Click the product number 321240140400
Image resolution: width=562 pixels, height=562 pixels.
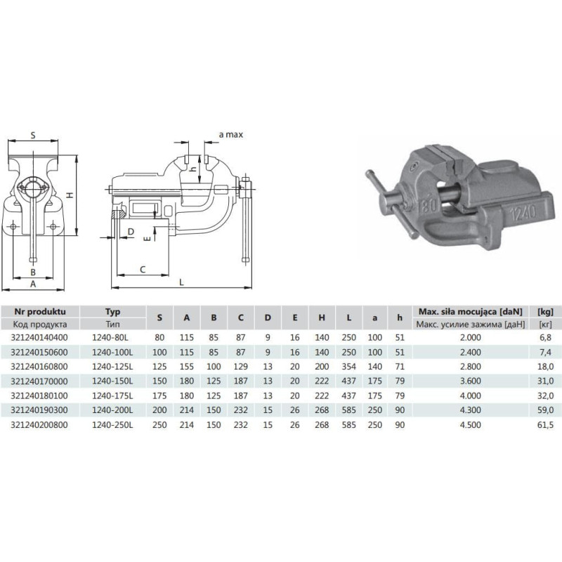pyautogui.click(x=39, y=338)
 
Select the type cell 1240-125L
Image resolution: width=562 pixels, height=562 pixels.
pyautogui.click(x=112, y=367)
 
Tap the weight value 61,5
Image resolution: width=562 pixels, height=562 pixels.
pyautogui.click(x=545, y=425)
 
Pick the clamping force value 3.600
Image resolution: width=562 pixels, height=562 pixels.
pyautogui.click(x=470, y=381)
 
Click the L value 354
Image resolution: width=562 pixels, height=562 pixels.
pyautogui.click(x=348, y=367)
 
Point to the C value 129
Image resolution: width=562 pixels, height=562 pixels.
pyautogui.click(x=240, y=367)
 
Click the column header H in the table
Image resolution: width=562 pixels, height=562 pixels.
pyautogui.click(x=322, y=318)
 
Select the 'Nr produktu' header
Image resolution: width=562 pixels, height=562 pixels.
pyautogui.click(x=40, y=311)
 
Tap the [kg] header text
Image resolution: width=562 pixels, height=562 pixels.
pyautogui.click(x=546, y=311)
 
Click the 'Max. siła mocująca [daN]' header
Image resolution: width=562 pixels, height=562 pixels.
pyautogui.click(x=471, y=311)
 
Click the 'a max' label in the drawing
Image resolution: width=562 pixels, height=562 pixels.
pyautogui.click(x=231, y=135)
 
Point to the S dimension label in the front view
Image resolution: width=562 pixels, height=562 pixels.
pyautogui.click(x=33, y=135)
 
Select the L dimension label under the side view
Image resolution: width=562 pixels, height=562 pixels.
pyautogui.click(x=181, y=282)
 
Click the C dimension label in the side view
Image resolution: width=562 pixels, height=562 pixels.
pyautogui.click(x=143, y=270)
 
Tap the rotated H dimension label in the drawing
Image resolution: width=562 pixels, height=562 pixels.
pyautogui.click(x=70, y=195)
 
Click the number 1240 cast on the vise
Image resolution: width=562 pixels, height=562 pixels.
pyautogui.click(x=523, y=214)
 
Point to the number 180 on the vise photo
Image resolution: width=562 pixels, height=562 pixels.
pyautogui.click(x=429, y=204)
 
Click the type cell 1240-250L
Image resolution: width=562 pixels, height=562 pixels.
pyautogui.click(x=112, y=425)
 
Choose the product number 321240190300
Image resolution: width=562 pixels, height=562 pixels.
pyautogui.click(x=39, y=410)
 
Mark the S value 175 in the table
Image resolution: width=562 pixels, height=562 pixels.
pyautogui.click(x=159, y=396)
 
